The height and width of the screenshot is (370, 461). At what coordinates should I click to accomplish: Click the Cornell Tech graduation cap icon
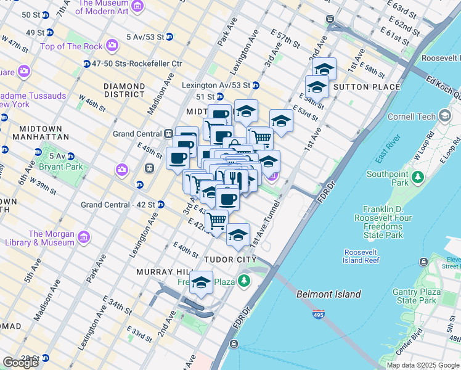point(446,116)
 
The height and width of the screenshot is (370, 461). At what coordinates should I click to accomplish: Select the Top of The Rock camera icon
point(112,44)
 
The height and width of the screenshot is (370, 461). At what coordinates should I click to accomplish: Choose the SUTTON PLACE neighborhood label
point(367,87)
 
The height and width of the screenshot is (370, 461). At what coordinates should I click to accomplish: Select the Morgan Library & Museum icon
point(83,237)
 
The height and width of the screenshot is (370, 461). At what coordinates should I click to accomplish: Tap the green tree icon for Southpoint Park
point(418,178)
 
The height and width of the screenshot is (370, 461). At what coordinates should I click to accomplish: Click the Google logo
point(20,363)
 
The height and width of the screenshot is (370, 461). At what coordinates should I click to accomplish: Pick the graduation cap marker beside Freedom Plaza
point(201,282)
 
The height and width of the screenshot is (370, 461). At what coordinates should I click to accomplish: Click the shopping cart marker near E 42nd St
point(216,220)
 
